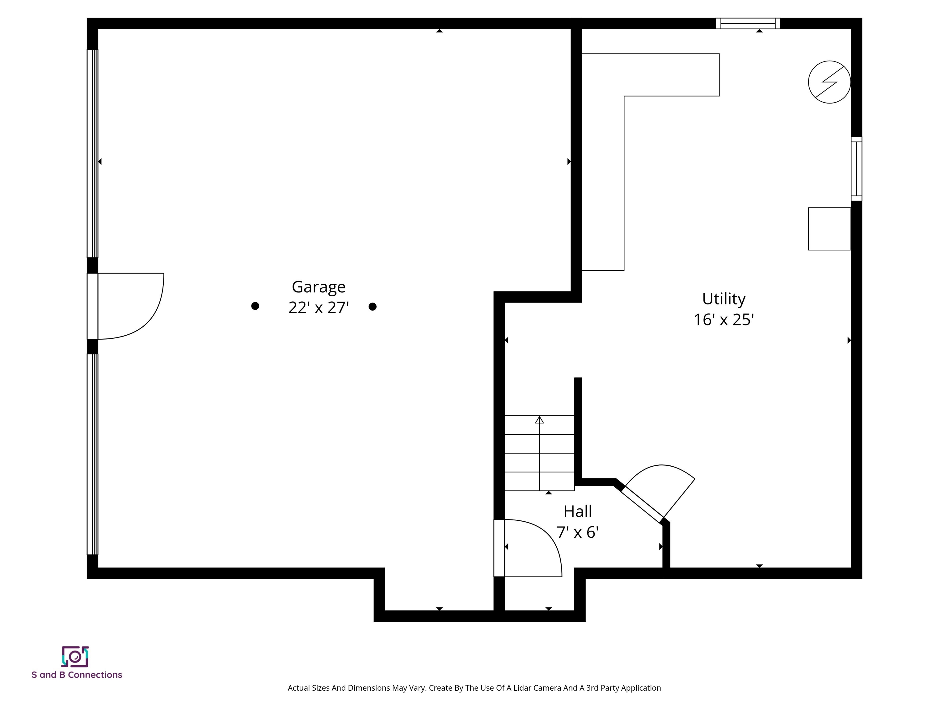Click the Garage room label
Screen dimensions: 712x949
point(318,287)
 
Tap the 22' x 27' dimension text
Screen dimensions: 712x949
point(318,308)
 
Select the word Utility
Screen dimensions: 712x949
point(724,299)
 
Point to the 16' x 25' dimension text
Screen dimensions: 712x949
point(724,320)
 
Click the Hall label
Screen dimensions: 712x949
point(577,511)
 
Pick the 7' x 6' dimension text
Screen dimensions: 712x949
point(577,532)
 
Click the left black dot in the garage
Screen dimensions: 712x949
point(255,306)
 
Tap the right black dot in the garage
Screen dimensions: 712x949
point(372,307)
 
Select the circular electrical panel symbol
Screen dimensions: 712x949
point(829,82)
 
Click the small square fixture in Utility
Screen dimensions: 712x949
point(829,229)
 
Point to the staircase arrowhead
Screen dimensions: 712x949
point(539,420)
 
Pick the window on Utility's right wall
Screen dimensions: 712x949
point(856,169)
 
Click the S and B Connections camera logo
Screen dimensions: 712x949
point(75,657)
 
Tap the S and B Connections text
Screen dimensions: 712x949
point(77,675)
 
